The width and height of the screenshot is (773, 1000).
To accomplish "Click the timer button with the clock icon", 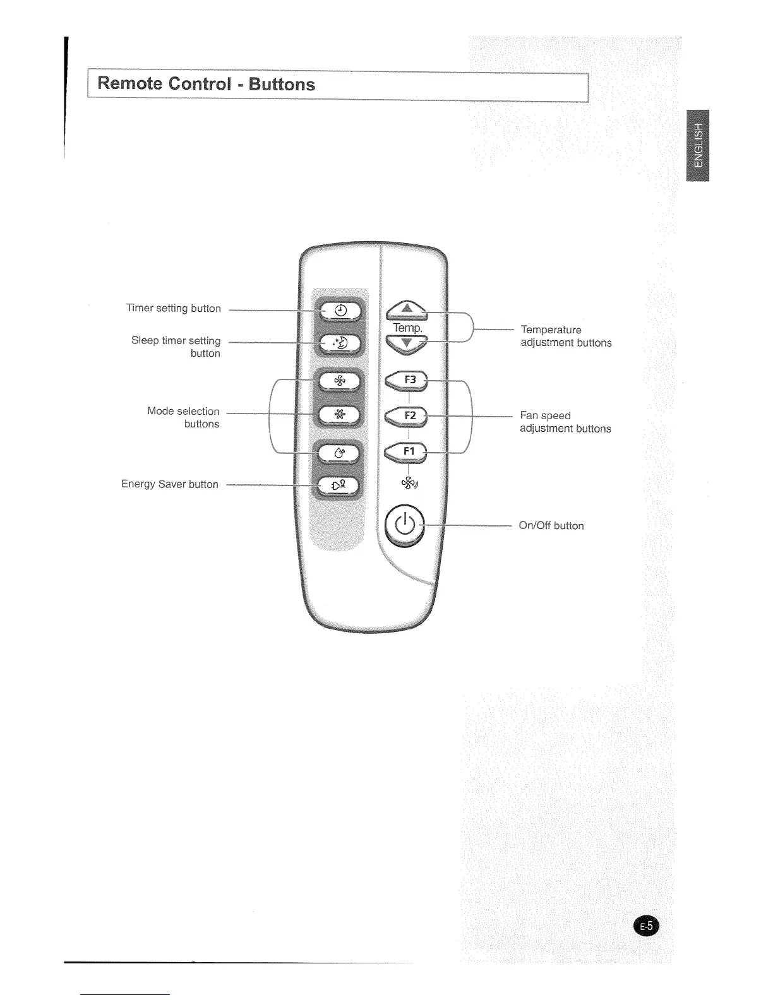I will [x=339, y=310].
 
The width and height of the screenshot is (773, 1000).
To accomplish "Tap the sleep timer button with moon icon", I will [x=339, y=343].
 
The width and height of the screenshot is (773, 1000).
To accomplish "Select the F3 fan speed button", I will [x=407, y=380].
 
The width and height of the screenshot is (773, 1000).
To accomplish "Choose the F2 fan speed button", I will [x=407, y=415].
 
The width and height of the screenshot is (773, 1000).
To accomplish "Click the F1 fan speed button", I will [x=407, y=451].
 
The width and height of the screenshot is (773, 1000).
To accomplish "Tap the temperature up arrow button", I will [x=406, y=309].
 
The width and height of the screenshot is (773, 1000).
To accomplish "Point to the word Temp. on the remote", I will [x=407, y=328].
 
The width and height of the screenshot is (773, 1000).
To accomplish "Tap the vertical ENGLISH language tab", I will [x=697, y=145].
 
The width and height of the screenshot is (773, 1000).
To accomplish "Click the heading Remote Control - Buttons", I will [x=206, y=85].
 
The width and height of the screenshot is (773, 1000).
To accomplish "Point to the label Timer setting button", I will [x=174, y=308].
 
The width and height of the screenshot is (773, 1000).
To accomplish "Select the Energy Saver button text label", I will [x=170, y=484].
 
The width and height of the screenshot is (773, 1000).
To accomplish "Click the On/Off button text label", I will [x=551, y=525].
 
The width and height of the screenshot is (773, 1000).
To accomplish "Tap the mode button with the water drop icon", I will [x=339, y=452].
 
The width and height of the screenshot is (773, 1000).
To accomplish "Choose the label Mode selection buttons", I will [x=183, y=417].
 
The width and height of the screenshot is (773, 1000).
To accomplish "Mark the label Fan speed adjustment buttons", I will [x=565, y=422].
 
